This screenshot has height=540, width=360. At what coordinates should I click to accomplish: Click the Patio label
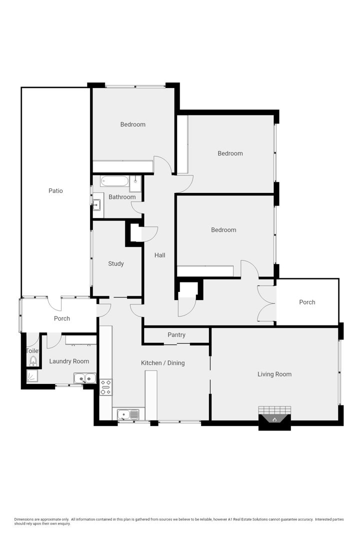point(55,191)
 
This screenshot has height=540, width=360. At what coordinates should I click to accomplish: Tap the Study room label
point(116,264)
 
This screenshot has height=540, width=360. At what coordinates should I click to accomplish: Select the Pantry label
point(176,334)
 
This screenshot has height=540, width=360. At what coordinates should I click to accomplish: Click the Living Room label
point(274,374)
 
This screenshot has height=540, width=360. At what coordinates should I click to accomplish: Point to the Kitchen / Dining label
point(163,363)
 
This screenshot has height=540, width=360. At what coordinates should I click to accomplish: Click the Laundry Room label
point(69,361)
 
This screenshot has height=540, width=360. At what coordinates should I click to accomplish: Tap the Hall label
point(160,255)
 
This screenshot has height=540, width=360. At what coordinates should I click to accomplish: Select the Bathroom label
point(122,197)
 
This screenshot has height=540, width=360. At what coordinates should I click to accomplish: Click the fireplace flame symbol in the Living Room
point(274,419)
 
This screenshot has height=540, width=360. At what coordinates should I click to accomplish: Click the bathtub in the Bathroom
point(114,181)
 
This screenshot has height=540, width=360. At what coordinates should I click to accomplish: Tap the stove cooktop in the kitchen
point(106,387)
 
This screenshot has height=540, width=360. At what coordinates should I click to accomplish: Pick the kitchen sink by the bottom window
point(128,414)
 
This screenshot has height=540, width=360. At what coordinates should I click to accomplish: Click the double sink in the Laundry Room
point(84,378)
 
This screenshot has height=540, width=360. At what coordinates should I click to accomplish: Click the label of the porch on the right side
point(307,302)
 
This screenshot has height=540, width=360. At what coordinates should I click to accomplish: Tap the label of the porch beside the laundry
point(62,318)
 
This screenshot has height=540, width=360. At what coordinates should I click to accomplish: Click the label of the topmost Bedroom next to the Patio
point(132,124)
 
